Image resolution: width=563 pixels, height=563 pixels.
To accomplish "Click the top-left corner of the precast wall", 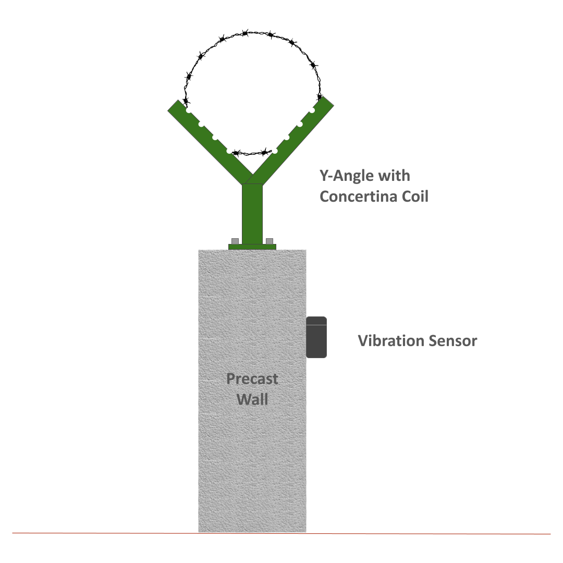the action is [199, 250].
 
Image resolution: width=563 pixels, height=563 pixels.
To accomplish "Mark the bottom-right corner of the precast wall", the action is [307, 532].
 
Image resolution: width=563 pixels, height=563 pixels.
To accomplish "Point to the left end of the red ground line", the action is [12, 533].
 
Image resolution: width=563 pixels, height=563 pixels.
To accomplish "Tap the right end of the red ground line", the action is [551, 534].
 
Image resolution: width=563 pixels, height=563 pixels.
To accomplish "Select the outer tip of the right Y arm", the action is [329, 101].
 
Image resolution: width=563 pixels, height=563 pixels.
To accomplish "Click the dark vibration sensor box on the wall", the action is [316, 337].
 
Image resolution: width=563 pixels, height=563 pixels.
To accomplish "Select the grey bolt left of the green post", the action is [235, 241].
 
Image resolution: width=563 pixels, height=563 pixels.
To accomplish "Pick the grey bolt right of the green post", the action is [270, 241].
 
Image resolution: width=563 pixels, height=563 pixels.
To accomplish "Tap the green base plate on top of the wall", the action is [252, 247].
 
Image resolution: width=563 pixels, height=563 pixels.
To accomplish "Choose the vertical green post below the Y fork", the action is [252, 214].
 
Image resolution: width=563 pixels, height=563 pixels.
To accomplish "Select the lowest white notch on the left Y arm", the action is [229, 151].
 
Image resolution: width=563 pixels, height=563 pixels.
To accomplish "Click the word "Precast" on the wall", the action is [252, 379].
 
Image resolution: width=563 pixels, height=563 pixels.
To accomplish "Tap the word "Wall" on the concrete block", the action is [252, 399].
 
